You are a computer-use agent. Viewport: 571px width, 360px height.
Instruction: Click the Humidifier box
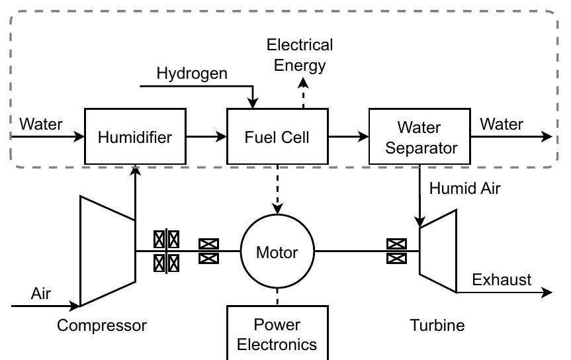click(x=135, y=137)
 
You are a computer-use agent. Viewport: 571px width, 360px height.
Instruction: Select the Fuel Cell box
click(x=277, y=137)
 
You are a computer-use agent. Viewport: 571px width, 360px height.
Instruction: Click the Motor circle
click(x=277, y=251)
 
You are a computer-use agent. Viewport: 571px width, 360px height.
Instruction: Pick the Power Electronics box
click(x=277, y=334)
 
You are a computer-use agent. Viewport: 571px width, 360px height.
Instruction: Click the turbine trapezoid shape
click(x=438, y=251)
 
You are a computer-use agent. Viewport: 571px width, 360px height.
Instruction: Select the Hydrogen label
click(x=192, y=73)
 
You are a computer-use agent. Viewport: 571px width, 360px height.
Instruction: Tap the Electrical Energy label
click(x=300, y=55)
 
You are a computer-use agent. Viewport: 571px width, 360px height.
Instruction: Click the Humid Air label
click(x=464, y=188)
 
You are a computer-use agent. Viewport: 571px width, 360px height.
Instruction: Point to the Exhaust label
click(x=502, y=280)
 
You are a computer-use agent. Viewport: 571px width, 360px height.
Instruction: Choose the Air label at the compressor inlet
click(x=40, y=293)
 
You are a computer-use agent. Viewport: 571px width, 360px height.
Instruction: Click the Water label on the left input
click(x=41, y=124)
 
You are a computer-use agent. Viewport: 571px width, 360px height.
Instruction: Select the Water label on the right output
click(x=502, y=124)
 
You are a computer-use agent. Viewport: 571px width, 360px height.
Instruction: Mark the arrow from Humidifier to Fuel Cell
click(x=206, y=137)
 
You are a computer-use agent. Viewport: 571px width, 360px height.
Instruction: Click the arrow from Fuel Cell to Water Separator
click(x=348, y=137)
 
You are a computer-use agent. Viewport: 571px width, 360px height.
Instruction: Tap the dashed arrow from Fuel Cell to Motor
click(x=277, y=188)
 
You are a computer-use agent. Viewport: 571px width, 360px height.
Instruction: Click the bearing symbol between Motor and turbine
click(x=396, y=251)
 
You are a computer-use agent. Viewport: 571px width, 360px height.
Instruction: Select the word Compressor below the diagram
click(x=101, y=325)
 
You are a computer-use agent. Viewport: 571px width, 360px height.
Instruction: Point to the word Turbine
click(x=437, y=325)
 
